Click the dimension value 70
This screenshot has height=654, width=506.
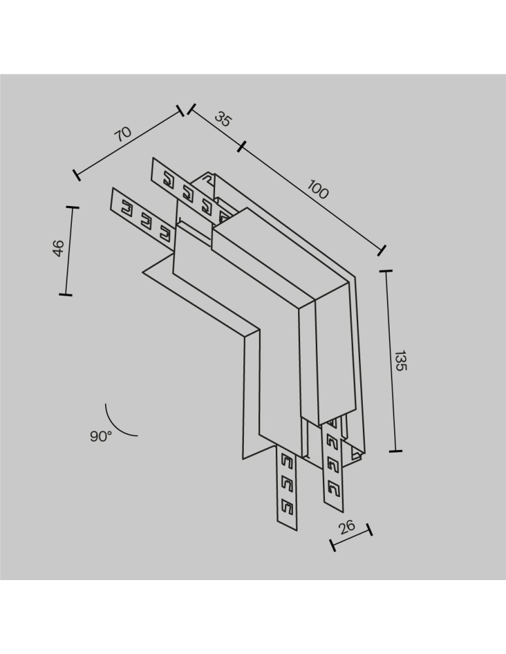[x=122, y=133]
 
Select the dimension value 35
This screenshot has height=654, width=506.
[x=224, y=119]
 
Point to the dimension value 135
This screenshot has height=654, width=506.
[x=400, y=361]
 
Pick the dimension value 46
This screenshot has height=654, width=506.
[x=58, y=248]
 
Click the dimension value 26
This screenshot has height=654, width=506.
[x=347, y=526]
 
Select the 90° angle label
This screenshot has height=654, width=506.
[x=101, y=437]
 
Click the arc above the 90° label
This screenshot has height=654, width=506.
[x=118, y=422]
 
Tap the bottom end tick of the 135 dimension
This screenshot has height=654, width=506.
[x=395, y=451]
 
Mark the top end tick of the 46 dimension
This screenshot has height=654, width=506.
[x=71, y=208]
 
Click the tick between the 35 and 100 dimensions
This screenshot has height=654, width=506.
[x=241, y=146]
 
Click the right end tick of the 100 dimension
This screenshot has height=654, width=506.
[x=382, y=250]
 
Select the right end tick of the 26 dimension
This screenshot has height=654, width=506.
[x=369, y=529]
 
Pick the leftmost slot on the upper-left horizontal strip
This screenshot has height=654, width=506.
[x=167, y=177]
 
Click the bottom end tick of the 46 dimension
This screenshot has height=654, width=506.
[x=65, y=295]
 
